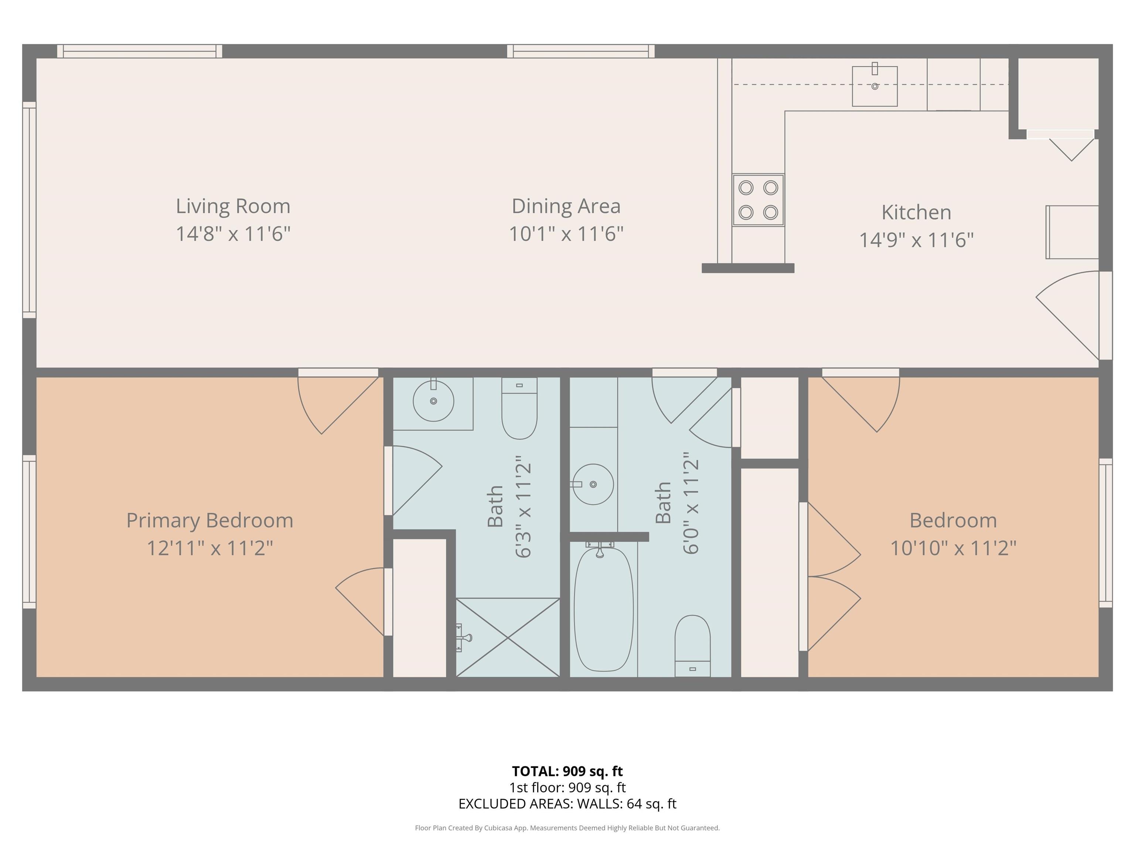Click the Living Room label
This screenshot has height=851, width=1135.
(233, 206)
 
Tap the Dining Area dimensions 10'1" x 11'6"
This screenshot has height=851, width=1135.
(566, 234)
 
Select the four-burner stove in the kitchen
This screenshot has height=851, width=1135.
(758, 199)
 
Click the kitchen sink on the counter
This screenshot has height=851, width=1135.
(874, 86)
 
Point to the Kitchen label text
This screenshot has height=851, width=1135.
(916, 212)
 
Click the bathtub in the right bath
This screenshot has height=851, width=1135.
(603, 609)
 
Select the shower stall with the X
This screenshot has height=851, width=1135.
(508, 638)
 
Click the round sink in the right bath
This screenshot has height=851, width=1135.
(593, 484)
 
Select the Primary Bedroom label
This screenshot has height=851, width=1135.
(210, 521)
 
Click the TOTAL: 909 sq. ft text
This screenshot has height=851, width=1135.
(567, 771)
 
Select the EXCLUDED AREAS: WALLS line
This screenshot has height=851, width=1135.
(567, 804)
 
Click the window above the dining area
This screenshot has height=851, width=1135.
(581, 51)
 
